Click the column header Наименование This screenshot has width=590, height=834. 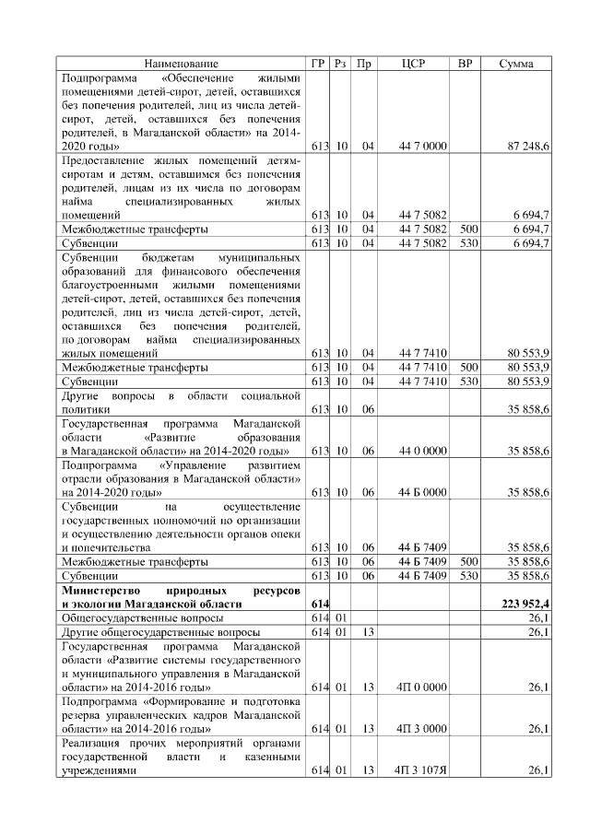pos(182,64)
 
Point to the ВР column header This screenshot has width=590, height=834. pos(467,64)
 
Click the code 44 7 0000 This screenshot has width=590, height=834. pos(423,147)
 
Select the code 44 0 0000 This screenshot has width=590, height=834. pos(423,452)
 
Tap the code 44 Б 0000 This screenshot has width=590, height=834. pos(423,493)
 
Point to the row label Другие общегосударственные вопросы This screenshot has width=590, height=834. pos(159,632)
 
